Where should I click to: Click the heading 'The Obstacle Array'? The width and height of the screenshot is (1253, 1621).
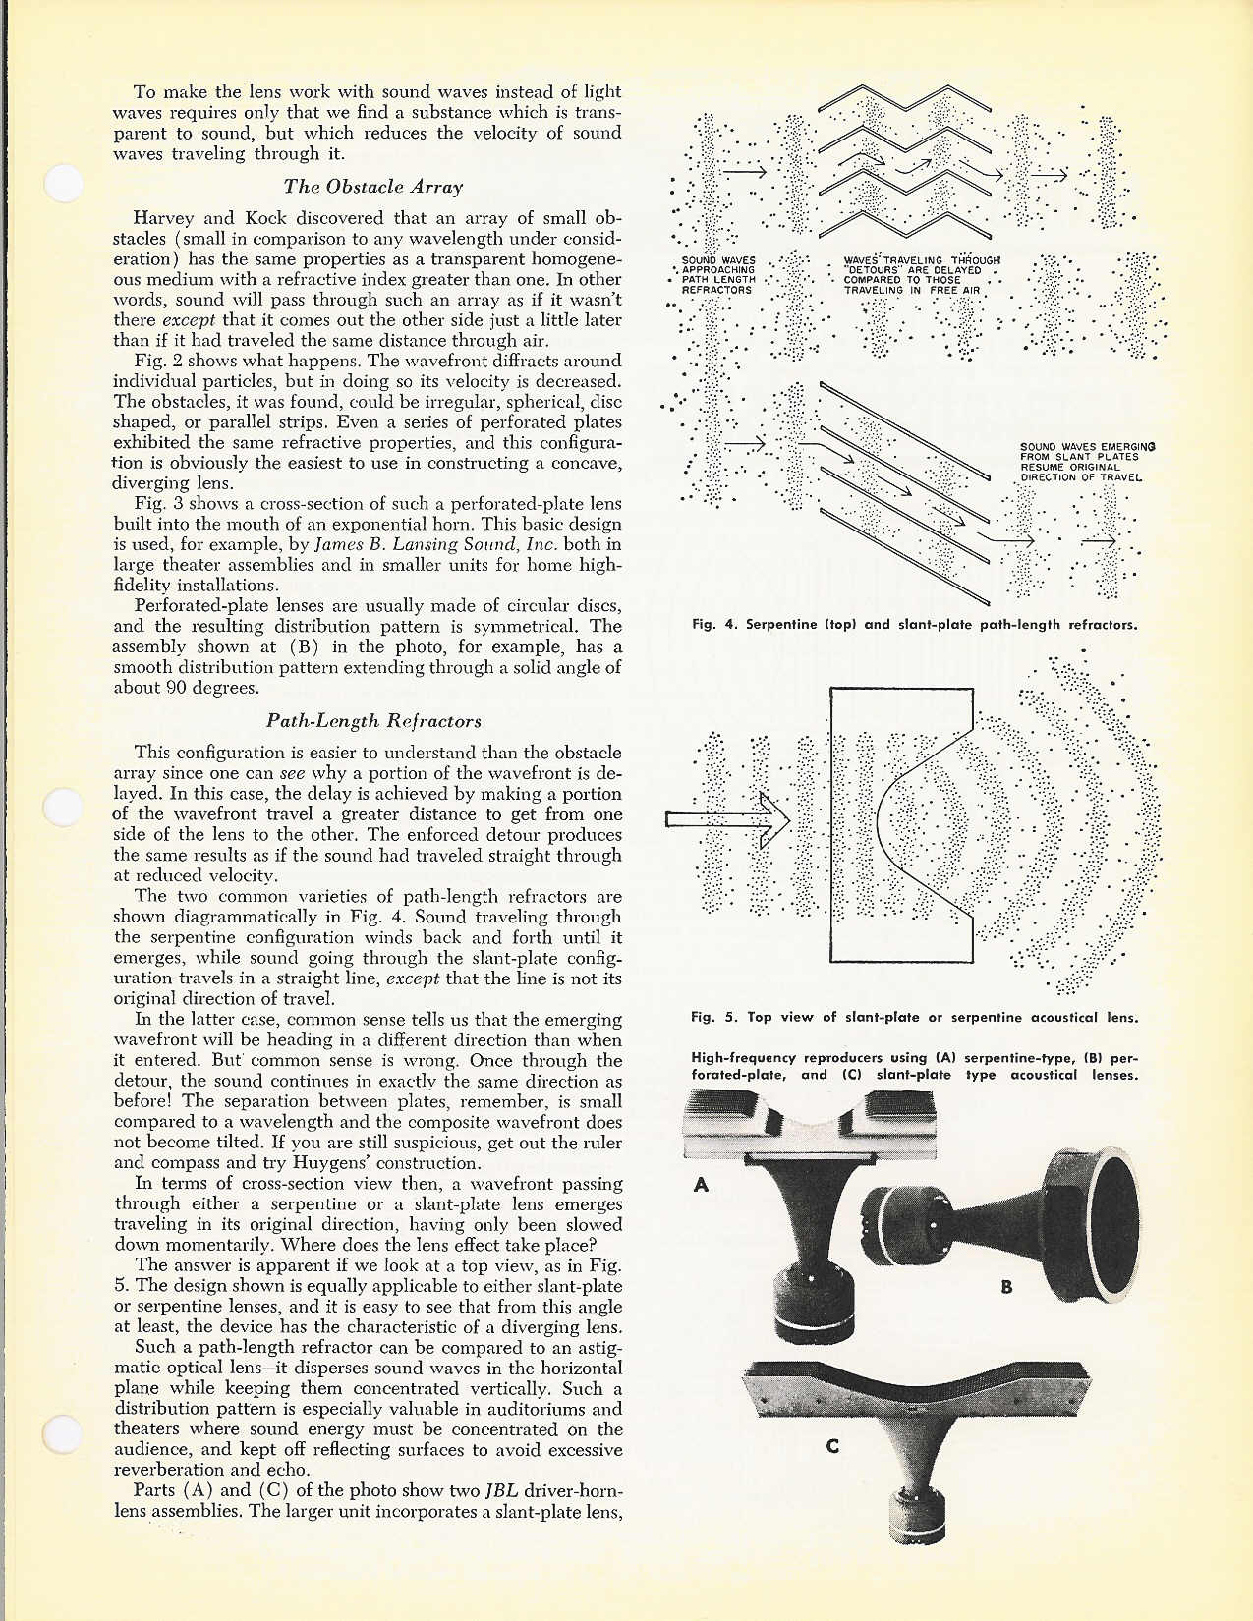click(x=372, y=187)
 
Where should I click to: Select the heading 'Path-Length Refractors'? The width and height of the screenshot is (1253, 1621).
click(x=373, y=721)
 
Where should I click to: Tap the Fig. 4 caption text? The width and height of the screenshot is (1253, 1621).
click(x=914, y=624)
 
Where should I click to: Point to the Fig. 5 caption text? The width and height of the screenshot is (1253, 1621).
click(x=914, y=1017)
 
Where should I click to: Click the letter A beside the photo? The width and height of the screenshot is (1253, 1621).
click(x=701, y=1185)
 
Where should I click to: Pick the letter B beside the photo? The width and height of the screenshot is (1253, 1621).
click(x=1005, y=1286)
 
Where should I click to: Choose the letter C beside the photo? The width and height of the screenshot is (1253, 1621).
click(x=832, y=1445)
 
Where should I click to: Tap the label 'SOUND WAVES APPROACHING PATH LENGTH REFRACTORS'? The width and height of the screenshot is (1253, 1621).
click(x=718, y=275)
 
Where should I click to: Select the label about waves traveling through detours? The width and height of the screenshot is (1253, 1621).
click(x=912, y=275)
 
